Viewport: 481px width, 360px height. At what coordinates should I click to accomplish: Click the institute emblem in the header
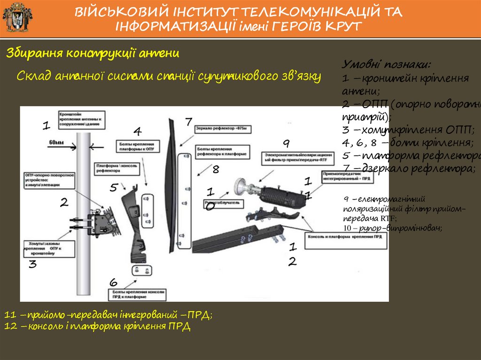coord(17,17)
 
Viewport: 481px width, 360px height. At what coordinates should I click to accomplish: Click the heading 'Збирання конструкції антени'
coord(93,54)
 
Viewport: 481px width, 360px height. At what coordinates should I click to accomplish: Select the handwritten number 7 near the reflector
coord(188,122)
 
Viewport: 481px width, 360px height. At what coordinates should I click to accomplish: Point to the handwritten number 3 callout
coord(32,264)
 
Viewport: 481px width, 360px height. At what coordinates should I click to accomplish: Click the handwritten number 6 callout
coord(113,283)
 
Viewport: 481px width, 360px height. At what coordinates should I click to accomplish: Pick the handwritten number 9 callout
coord(286,143)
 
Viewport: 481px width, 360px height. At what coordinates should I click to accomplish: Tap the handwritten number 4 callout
coord(137,130)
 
